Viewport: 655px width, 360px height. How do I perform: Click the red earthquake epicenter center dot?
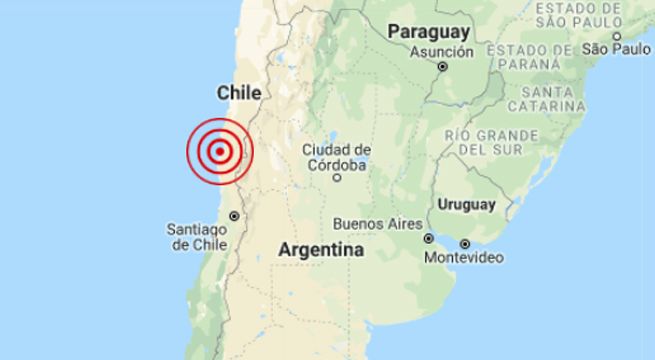pos(219,153)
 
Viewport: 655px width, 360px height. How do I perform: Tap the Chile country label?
pos(239,93)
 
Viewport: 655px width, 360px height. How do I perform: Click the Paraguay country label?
pos(429,31)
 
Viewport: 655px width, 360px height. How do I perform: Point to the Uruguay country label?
pos(465,205)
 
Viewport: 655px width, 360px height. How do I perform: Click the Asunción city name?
pos(441,51)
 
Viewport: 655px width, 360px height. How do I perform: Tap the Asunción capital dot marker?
pos(442,68)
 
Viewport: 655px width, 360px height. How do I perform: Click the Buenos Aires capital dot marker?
pos(428,238)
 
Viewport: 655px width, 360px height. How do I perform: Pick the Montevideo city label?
pos(463,260)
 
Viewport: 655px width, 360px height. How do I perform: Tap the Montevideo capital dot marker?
pos(465,243)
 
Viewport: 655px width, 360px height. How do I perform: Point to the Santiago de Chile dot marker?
pos(234,215)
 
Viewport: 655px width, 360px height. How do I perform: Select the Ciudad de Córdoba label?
pos(337,157)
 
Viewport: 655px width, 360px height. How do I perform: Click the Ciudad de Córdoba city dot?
pos(338,180)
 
